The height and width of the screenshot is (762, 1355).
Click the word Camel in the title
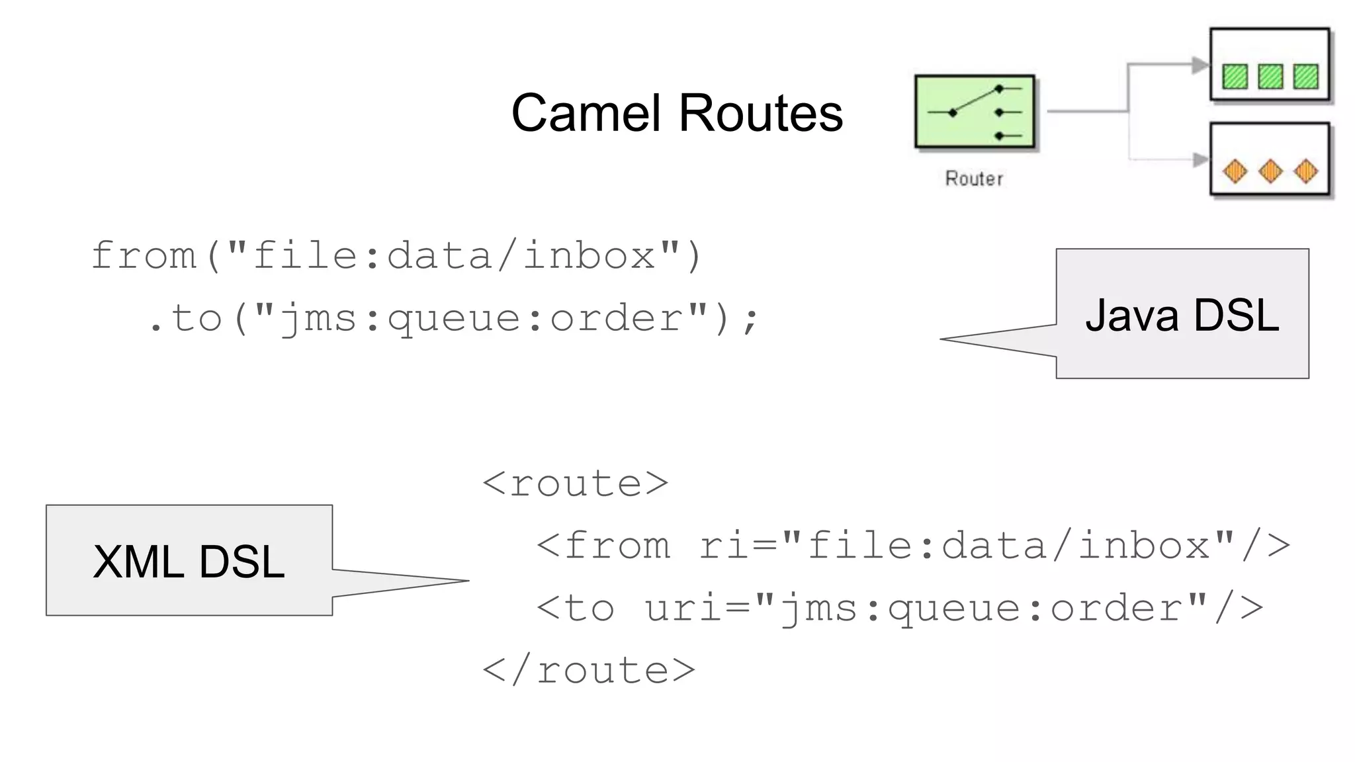(x=586, y=113)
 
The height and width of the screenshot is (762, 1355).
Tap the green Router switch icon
(x=975, y=111)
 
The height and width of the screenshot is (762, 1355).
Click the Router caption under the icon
(x=974, y=179)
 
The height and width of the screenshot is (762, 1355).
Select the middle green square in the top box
(x=1270, y=76)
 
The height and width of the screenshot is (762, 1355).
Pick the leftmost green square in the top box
(x=1235, y=76)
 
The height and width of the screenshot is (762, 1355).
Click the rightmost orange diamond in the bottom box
(x=1305, y=171)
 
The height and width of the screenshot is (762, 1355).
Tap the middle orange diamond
(x=1270, y=171)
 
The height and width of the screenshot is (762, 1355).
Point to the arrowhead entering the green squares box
(x=1200, y=65)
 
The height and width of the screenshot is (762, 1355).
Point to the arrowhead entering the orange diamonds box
(x=1200, y=159)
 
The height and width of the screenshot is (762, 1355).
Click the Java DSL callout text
(x=1182, y=315)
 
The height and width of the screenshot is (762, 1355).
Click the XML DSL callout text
(x=189, y=562)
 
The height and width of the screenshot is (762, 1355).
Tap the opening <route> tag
(x=576, y=484)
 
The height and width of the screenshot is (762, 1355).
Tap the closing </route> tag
(x=589, y=670)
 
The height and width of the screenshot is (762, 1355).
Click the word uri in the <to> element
(x=683, y=608)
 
